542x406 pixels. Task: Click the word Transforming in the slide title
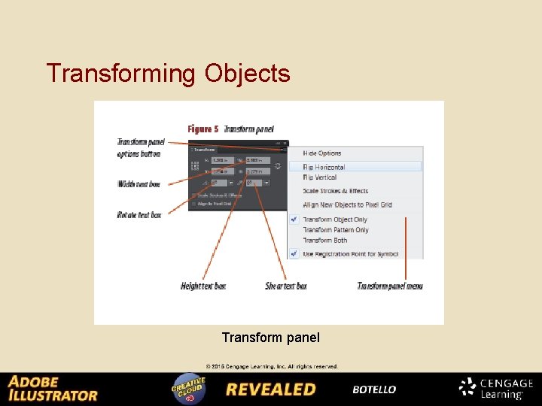[120, 74]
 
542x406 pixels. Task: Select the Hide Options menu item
[322, 153]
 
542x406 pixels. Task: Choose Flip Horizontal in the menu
[324, 167]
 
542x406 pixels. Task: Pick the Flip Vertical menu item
[320, 177]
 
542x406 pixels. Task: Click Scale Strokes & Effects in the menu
[336, 191]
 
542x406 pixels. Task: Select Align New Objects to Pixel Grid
[347, 205]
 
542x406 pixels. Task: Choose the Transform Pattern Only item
[336, 230]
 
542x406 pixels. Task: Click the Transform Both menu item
[325, 241]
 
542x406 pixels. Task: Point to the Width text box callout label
[139, 184]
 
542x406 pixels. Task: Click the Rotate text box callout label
[139, 215]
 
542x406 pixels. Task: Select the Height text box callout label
[203, 286]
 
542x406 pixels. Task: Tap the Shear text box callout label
[286, 286]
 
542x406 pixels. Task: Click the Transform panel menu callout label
[390, 286]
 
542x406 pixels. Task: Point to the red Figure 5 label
[203, 129]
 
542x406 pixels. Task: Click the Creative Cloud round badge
[188, 389]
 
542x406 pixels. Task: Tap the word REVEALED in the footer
[271, 389]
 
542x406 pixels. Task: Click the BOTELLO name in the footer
[374, 389]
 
